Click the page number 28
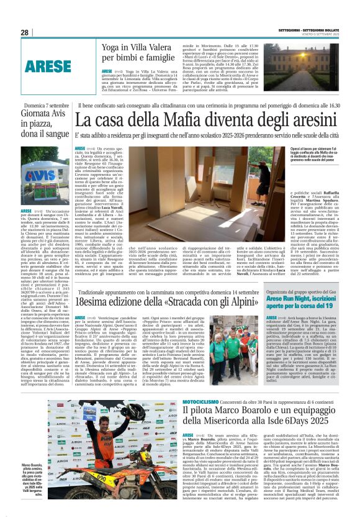[x=25, y=32]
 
